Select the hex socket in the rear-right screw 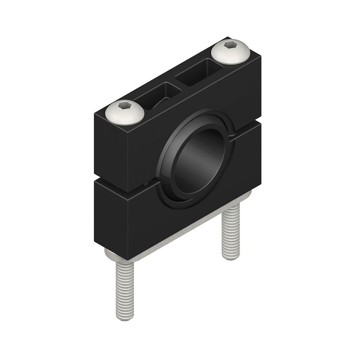[x=230, y=45]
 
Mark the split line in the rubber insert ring [x=232, y=134]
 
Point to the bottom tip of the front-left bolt [x=125, y=318]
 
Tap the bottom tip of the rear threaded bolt [x=231, y=257]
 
